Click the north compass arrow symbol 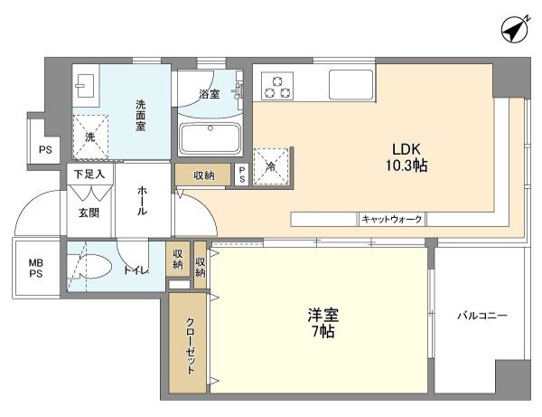click(515, 30)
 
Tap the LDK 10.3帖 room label click(406, 157)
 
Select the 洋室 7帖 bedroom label click(322, 323)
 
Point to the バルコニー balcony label click(482, 316)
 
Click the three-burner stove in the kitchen click(277, 86)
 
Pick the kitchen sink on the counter click(350, 84)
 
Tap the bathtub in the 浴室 click(210, 138)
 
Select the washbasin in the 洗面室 click(85, 85)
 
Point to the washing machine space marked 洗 click(90, 137)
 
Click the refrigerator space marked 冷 click(271, 166)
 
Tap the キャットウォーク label click(392, 219)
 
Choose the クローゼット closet click(188, 344)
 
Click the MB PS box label click(36, 269)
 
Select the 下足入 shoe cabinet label click(89, 174)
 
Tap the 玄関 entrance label click(89, 213)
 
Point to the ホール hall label click(142, 201)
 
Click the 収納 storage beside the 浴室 click(203, 175)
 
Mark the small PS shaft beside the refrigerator click(241, 175)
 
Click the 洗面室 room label click(140, 115)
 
